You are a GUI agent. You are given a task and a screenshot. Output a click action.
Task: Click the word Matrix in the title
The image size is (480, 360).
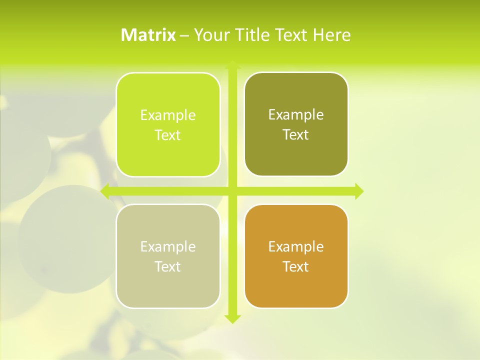click(x=148, y=35)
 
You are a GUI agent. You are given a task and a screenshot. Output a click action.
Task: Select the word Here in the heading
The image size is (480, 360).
click(x=331, y=35)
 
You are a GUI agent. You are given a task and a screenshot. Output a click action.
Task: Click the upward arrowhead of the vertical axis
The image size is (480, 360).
click(x=232, y=65)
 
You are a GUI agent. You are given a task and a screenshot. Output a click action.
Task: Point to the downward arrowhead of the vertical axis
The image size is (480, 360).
click(x=232, y=318)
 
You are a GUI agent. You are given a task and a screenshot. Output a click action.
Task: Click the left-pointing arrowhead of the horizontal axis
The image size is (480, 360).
click(x=105, y=191)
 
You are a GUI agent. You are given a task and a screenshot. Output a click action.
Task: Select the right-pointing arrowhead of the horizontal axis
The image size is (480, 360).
click(x=358, y=191)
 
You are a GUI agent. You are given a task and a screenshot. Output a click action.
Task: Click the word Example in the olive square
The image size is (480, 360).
click(x=296, y=115)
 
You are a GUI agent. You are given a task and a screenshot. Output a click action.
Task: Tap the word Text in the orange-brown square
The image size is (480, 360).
click(x=296, y=266)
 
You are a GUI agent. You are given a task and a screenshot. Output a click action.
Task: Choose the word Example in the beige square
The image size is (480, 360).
click(x=168, y=246)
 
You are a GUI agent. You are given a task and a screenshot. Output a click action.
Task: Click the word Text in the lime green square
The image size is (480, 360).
click(x=168, y=135)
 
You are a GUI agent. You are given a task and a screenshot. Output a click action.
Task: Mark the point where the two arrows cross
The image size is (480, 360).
click(x=232, y=191)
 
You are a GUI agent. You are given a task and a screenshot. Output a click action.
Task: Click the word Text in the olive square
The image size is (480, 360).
click(x=296, y=134)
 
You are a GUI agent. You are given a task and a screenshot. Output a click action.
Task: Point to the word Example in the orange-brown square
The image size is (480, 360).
click(x=296, y=246)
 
